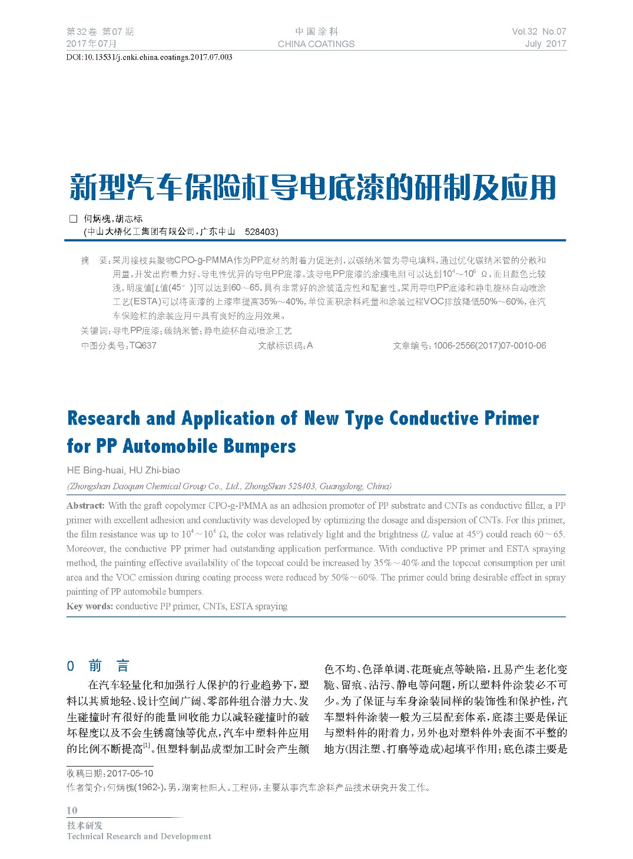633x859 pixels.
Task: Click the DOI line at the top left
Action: click(149, 57)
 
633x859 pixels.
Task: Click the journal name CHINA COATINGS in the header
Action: click(316, 44)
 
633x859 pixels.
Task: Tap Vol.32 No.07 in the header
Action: click(539, 32)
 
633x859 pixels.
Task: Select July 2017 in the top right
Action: click(545, 44)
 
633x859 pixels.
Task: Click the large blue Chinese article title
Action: click(313, 188)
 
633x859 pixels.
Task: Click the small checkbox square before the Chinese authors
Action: click(74, 218)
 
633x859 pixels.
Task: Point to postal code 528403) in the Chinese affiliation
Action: click(261, 232)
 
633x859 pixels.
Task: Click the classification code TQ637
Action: click(142, 346)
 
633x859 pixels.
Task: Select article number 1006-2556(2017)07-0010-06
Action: click(489, 346)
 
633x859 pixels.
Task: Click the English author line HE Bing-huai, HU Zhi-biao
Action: click(124, 470)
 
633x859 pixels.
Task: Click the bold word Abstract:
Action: click(86, 506)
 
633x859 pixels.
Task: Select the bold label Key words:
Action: click(90, 606)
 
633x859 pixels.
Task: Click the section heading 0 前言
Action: click(98, 666)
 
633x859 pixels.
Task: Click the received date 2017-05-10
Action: click(130, 774)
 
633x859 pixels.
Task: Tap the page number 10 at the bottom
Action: click(72, 810)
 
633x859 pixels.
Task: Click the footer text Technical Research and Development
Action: click(139, 837)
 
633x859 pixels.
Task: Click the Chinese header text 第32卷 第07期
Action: click(100, 32)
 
